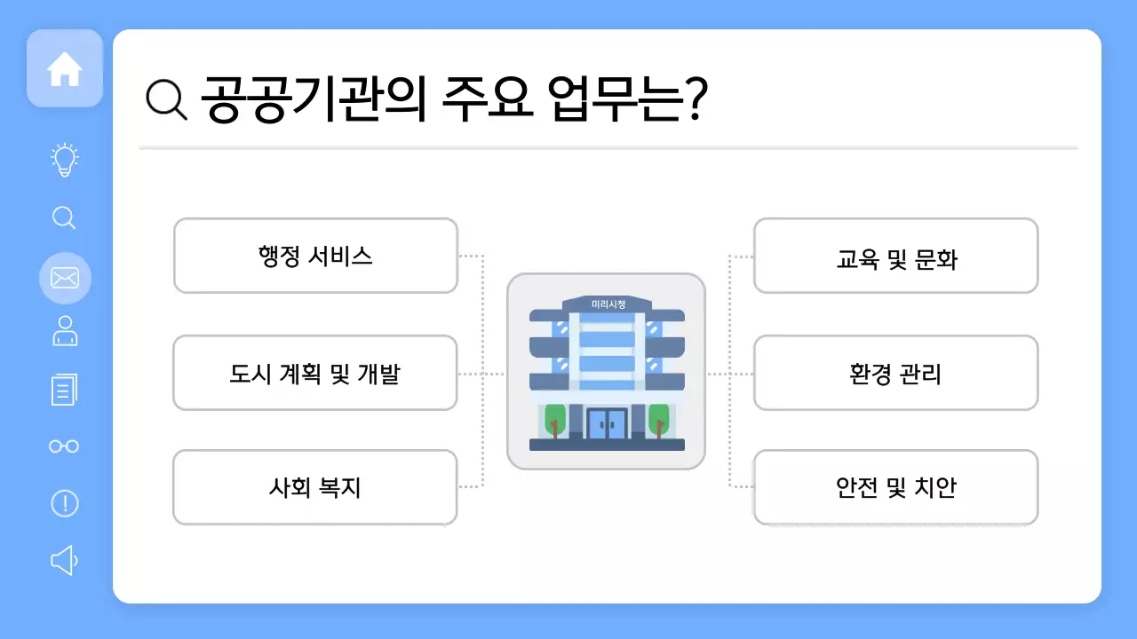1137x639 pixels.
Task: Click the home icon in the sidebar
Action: click(x=65, y=69)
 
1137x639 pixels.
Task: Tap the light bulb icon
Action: click(x=65, y=160)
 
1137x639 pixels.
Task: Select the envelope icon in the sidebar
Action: click(x=65, y=279)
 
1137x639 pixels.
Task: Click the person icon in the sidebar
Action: click(x=65, y=331)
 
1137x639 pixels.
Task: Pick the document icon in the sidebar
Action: click(x=65, y=390)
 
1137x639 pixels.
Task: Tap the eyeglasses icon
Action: click(x=65, y=446)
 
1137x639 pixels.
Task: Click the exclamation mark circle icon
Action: click(x=65, y=503)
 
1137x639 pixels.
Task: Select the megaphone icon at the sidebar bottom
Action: click(x=65, y=560)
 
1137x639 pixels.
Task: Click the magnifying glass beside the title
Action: click(x=166, y=99)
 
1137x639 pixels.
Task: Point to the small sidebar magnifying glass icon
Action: click(x=65, y=217)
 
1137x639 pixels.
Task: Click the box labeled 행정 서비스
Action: click(x=315, y=256)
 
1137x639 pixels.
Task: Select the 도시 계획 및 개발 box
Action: click(x=315, y=373)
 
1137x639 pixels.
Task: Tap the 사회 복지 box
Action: click(x=315, y=487)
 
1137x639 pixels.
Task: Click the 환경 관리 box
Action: click(x=895, y=373)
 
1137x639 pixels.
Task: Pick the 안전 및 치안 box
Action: click(x=895, y=487)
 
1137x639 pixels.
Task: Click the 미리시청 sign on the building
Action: click(x=608, y=304)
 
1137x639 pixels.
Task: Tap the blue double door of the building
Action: click(x=607, y=424)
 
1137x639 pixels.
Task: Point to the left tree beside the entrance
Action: click(x=555, y=419)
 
